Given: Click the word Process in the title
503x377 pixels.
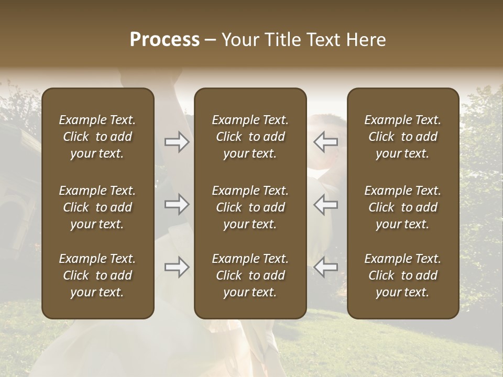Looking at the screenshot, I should [x=165, y=40].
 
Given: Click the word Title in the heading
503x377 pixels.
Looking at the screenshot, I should [x=282, y=40].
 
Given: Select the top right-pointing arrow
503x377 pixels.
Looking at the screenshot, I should [x=177, y=142].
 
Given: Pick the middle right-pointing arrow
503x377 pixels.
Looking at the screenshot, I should [x=177, y=204].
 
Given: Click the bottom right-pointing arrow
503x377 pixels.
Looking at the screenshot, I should [x=177, y=268].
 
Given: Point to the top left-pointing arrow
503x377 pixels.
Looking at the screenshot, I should [x=325, y=142].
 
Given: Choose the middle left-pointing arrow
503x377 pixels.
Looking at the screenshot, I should [x=325, y=204].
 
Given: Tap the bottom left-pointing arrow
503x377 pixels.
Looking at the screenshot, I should [x=325, y=268].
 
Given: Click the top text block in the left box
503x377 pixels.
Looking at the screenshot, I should [x=97, y=137].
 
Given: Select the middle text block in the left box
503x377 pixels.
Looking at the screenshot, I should [x=97, y=207].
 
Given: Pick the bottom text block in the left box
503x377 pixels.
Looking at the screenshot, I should [x=97, y=275].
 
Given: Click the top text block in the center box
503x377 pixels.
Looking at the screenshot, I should [x=250, y=137].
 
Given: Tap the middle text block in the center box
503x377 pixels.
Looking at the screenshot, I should [x=250, y=207].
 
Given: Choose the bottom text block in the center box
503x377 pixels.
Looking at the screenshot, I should [x=250, y=275].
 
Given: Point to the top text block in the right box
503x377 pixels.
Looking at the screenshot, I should [x=402, y=137].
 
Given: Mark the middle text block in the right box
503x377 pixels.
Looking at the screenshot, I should [x=402, y=207].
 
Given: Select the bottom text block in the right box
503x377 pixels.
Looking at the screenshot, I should [x=402, y=275].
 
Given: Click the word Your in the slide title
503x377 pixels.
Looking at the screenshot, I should [x=240, y=40].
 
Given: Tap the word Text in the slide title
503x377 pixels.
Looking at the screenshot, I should [x=323, y=40].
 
